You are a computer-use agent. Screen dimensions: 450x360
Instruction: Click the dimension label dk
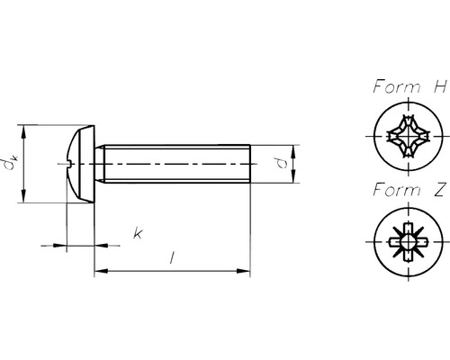tap(12, 162)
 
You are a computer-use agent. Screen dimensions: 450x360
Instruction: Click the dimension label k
tap(138, 233)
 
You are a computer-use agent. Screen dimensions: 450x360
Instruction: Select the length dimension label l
tap(172, 258)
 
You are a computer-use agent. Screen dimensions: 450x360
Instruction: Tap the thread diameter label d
tap(282, 164)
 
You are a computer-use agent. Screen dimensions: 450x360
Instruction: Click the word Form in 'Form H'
tap(397, 86)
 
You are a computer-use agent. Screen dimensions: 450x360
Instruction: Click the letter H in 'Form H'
tap(440, 86)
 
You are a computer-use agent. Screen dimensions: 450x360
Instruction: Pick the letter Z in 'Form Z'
tap(439, 190)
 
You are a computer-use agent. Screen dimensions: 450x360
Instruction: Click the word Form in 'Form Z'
tap(397, 190)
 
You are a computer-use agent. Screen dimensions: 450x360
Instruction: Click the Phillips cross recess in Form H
tap(409, 136)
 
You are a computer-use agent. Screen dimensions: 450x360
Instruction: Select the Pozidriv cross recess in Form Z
tap(409, 241)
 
